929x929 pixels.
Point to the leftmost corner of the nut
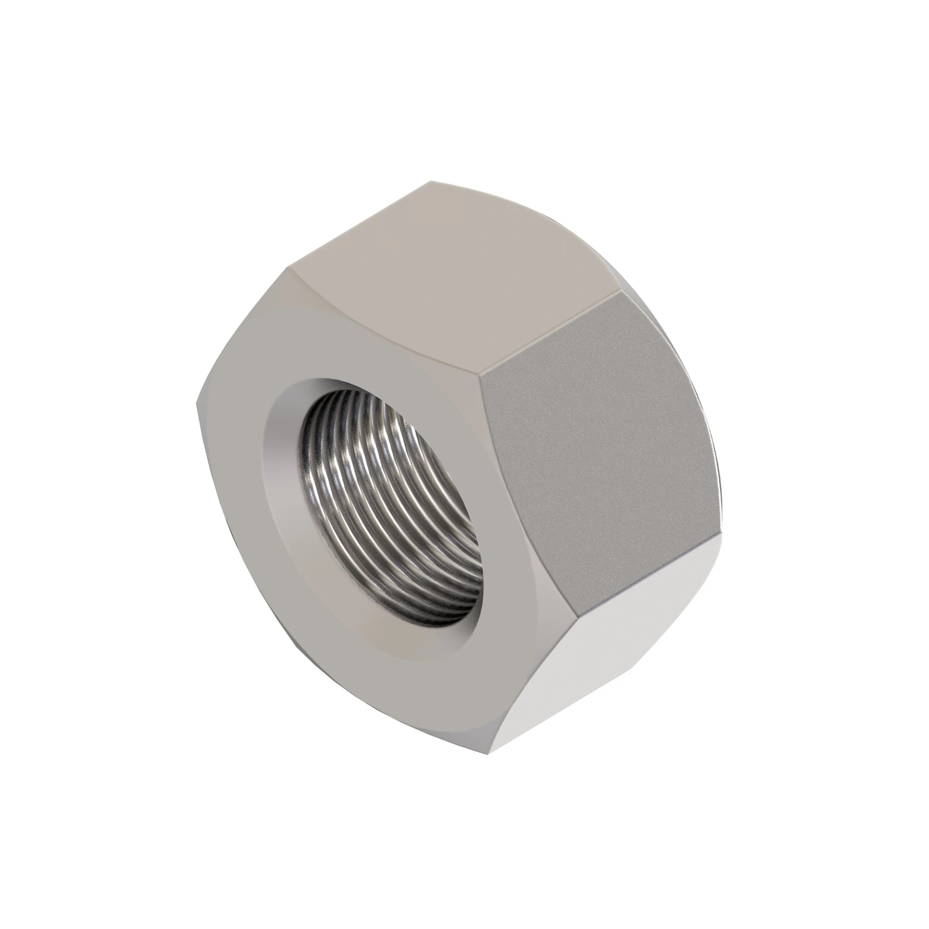point(197,404)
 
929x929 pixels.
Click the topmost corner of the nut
point(432,182)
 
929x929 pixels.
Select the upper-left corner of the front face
point(291,269)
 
